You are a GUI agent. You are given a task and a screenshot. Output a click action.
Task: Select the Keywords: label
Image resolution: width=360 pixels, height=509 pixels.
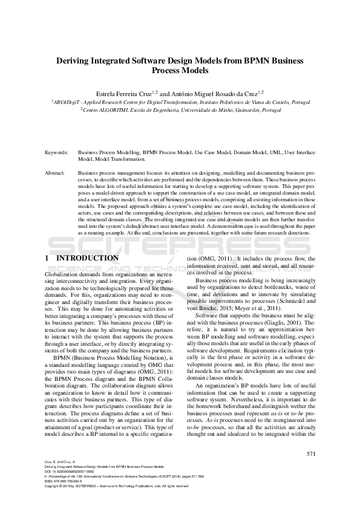tap(56, 154)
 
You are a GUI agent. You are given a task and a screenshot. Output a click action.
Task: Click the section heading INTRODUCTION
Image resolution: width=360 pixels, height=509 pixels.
tap(88, 258)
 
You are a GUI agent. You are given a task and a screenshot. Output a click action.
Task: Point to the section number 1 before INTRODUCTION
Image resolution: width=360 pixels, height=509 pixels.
tap(47, 258)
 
